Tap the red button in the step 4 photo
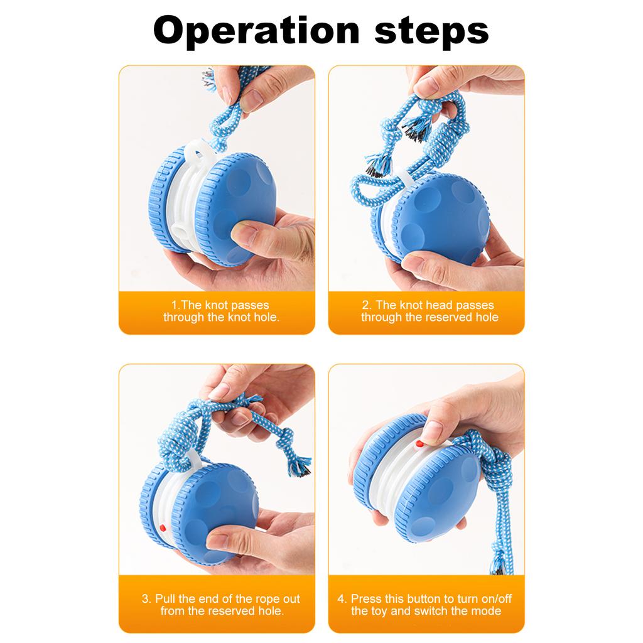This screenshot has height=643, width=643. [x=418, y=443]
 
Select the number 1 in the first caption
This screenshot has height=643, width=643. [x=174, y=305]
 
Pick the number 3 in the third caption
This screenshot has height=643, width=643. [x=145, y=598]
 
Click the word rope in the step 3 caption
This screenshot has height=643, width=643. [x=267, y=598]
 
